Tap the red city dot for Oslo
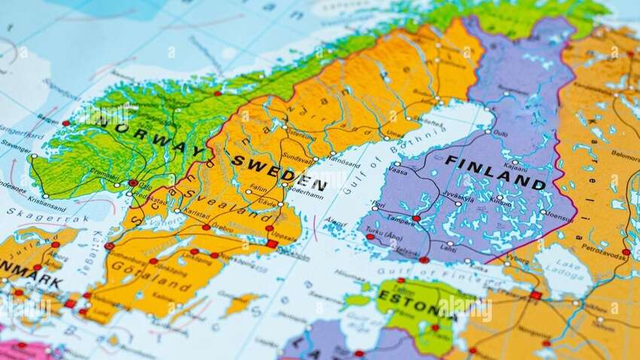(133, 182)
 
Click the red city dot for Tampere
(416, 218)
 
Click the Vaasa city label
(398, 172)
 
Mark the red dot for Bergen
(66, 123)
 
